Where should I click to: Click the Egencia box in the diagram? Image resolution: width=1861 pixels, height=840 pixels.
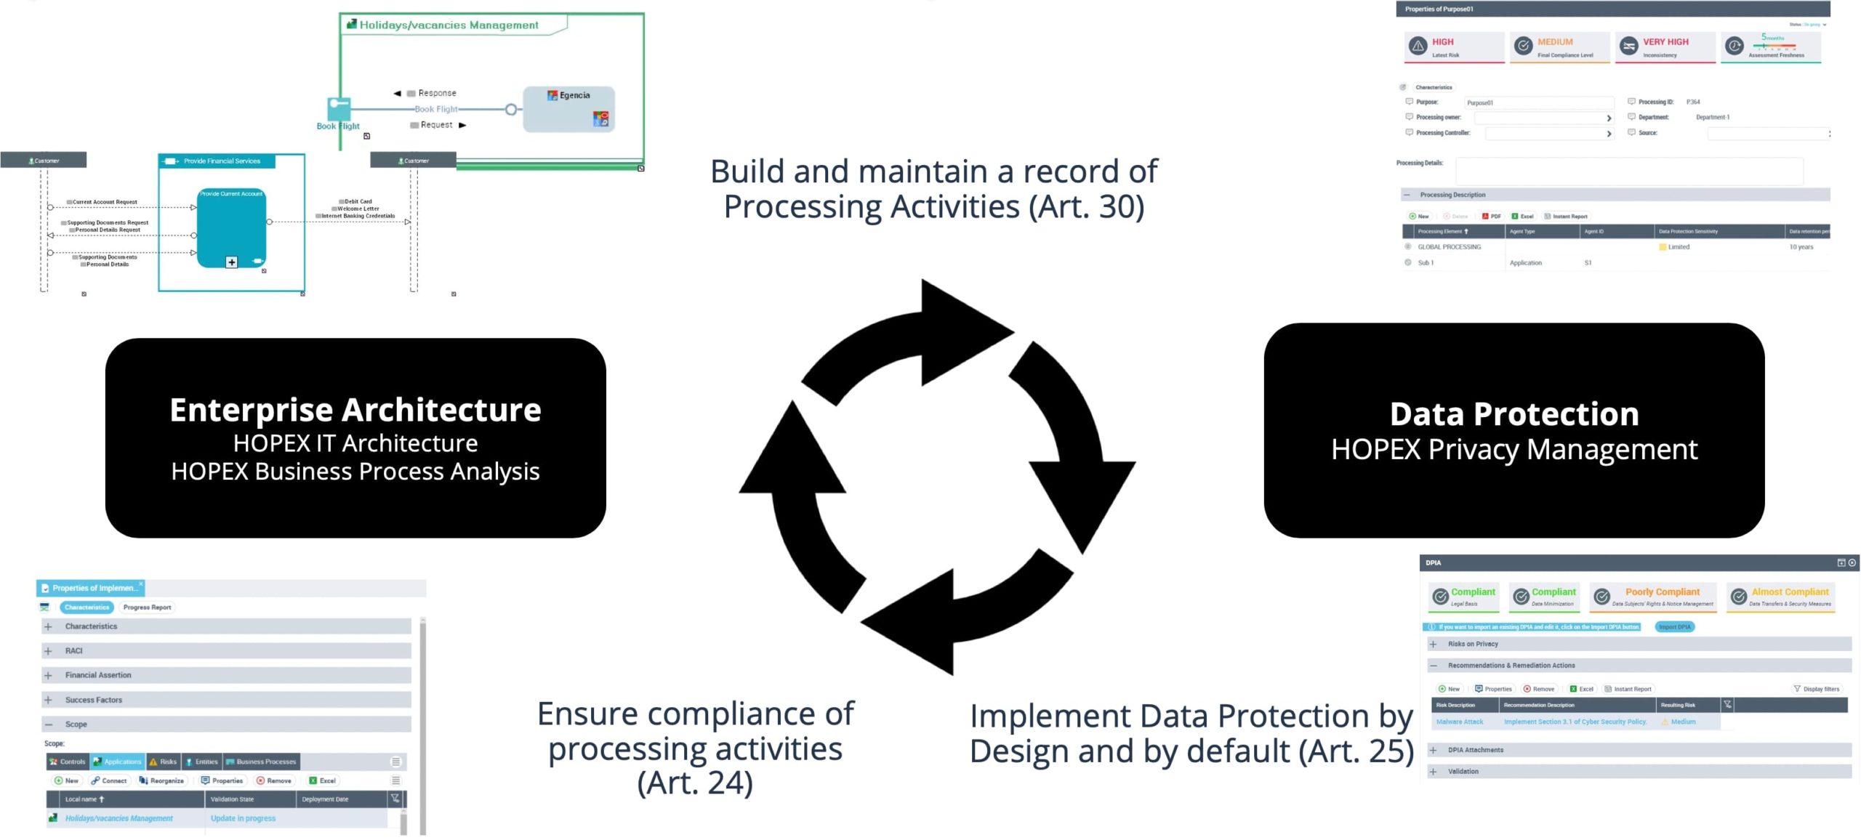pos(568,109)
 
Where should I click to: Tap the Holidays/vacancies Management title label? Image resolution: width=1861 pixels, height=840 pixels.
pos(449,25)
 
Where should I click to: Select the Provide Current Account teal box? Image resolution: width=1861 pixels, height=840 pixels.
pos(231,227)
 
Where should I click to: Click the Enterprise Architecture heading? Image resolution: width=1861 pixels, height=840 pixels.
pos(355,411)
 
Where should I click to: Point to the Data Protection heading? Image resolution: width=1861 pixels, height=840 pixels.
pos(1514,414)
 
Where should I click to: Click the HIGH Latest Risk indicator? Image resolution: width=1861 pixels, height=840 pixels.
pos(1453,47)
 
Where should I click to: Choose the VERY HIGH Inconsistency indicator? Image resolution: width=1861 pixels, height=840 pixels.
pos(1664,47)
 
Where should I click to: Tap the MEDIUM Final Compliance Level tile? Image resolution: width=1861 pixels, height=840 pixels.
pos(1559,47)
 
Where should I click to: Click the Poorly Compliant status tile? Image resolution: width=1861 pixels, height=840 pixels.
pos(1653,597)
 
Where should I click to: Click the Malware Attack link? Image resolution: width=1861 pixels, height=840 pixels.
pos(1459,722)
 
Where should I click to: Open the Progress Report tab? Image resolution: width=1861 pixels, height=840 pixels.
pos(147,607)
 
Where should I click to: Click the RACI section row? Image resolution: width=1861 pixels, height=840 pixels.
pos(225,651)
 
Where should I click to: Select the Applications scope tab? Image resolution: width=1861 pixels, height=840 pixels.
pos(118,762)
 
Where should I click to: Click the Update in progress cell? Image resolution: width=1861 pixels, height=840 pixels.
pos(243,818)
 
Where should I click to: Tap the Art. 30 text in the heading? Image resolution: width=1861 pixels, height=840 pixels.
pos(1086,207)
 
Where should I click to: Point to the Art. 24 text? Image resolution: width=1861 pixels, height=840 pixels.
pos(695,783)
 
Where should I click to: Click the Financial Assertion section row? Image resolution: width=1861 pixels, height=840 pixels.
pos(225,675)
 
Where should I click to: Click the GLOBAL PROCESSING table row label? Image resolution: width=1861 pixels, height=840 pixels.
pos(1449,247)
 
